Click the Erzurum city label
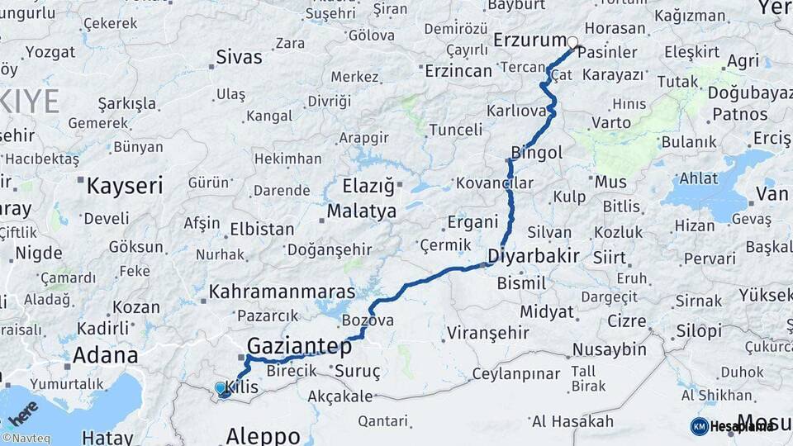[529, 40]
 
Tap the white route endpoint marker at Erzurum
[572, 41]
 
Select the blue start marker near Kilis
[221, 388]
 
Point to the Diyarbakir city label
[533, 255]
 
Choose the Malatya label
[361, 211]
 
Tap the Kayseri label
[125, 186]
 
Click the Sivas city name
[239, 58]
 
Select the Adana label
[106, 356]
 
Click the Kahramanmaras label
[282, 292]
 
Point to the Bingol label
[537, 153]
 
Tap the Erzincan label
[458, 71]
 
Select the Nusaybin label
[609, 349]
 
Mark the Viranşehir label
[486, 333]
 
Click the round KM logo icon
[699, 426]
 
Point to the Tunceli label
[456, 130]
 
